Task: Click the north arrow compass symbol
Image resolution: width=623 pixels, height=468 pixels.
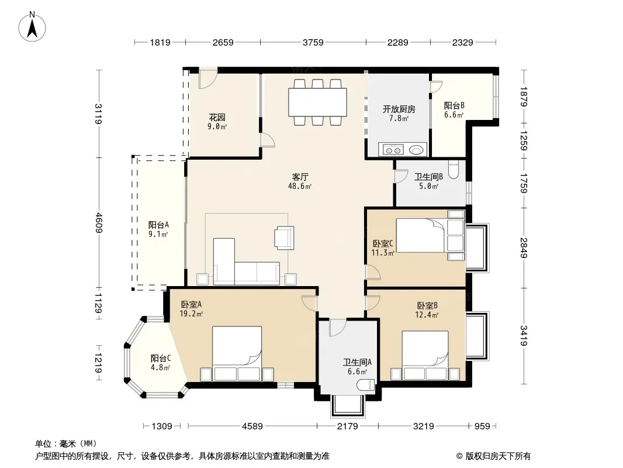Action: click(32, 26)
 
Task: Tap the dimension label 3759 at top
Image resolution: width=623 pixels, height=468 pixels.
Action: click(313, 42)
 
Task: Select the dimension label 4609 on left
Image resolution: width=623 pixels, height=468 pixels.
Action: click(99, 223)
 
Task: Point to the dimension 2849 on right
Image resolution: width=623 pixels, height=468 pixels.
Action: click(524, 247)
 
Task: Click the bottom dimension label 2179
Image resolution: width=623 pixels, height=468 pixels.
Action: click(348, 426)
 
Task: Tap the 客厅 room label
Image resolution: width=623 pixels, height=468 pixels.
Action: click(300, 177)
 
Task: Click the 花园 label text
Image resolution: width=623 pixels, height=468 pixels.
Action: click(217, 118)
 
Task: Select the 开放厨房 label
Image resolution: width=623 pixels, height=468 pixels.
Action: click(399, 109)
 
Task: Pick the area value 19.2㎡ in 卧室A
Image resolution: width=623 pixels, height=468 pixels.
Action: click(191, 314)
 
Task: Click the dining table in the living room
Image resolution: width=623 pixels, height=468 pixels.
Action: click(317, 102)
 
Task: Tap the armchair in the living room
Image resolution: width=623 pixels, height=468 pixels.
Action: click(284, 238)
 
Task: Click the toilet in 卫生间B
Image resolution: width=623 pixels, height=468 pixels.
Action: click(454, 170)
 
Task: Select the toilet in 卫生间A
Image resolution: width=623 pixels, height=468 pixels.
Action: click(365, 385)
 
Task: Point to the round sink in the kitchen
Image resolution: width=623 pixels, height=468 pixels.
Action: click(416, 150)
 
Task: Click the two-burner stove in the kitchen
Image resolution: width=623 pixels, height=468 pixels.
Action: click(393, 150)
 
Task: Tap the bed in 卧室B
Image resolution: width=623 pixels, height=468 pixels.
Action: click(425, 356)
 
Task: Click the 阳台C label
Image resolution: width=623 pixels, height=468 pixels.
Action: click(161, 358)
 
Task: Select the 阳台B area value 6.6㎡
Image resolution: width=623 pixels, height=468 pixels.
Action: click(454, 115)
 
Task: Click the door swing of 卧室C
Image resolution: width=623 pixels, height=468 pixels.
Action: click(373, 272)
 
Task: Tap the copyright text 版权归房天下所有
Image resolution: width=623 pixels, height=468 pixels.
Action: click(498, 456)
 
